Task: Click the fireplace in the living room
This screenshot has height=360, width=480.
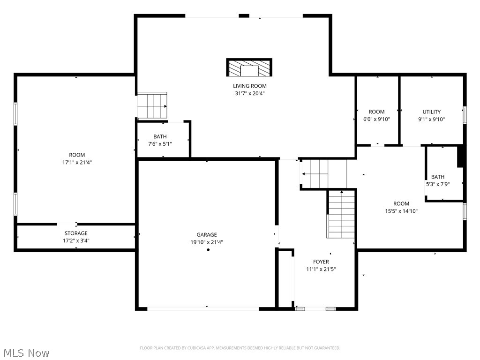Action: point(249,68)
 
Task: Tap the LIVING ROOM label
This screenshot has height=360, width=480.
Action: point(250,86)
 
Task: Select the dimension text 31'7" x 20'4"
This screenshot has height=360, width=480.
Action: point(250,93)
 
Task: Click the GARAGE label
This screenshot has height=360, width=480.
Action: point(207,235)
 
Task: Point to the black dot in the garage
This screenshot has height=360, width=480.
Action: point(208,250)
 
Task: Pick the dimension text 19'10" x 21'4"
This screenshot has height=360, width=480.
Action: point(207,242)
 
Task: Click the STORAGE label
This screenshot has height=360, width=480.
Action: point(76,233)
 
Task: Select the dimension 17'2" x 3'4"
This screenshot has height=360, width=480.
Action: point(76,240)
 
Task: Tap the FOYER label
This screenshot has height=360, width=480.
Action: point(321,262)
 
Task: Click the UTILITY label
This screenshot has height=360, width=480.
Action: point(432,112)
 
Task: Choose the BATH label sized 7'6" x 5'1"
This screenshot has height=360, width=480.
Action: point(160,136)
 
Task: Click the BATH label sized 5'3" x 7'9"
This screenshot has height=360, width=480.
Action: point(438,177)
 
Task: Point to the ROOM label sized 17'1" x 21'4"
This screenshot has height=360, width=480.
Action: point(77,155)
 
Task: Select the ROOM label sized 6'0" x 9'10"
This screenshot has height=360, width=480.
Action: point(376,112)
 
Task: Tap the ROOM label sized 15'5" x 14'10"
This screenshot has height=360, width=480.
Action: point(401,203)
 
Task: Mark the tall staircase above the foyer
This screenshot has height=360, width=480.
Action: point(341,214)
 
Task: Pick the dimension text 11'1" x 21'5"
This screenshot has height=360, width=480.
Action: point(321,269)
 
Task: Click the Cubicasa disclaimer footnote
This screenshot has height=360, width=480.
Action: point(240,348)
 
